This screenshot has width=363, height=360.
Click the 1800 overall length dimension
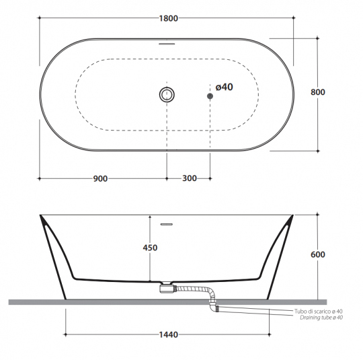pyautogui.click(x=169, y=18)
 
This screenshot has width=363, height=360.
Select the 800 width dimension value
pyautogui.click(x=318, y=92)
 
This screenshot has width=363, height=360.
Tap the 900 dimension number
pyautogui.click(x=100, y=179)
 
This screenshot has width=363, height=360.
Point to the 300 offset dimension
pyautogui.click(x=190, y=178)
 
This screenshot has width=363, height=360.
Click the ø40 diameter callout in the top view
pyautogui.click(x=224, y=87)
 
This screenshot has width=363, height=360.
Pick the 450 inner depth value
pyautogui.click(x=150, y=248)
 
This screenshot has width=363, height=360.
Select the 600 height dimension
pyautogui.click(x=318, y=254)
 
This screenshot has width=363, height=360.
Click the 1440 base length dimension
pyautogui.click(x=169, y=334)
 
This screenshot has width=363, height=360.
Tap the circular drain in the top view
pyautogui.click(x=167, y=95)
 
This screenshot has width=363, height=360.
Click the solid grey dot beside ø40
pyautogui.click(x=210, y=96)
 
